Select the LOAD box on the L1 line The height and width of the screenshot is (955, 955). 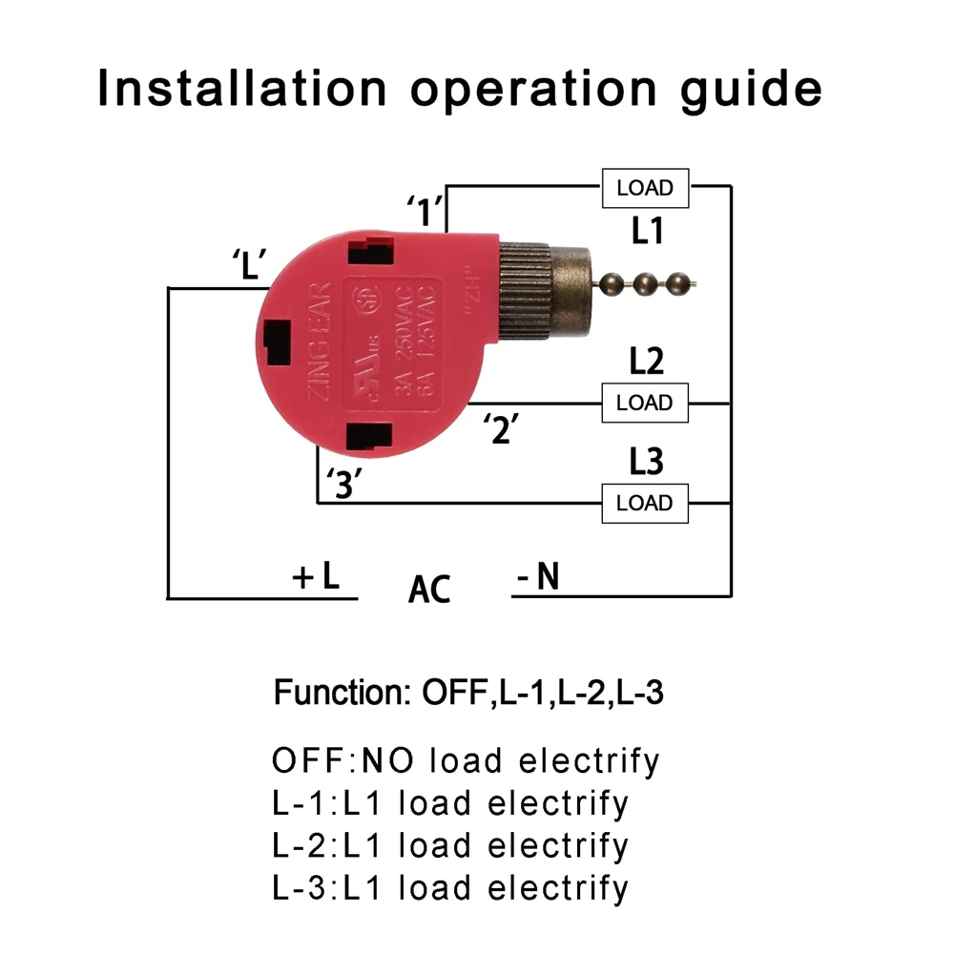tap(645, 188)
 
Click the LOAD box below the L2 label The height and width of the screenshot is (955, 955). tap(645, 403)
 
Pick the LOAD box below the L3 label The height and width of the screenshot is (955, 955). tap(645, 503)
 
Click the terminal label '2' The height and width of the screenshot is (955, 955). tap(500, 428)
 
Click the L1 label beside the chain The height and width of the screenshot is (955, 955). tap(648, 232)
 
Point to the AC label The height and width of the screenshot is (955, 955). tap(428, 589)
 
